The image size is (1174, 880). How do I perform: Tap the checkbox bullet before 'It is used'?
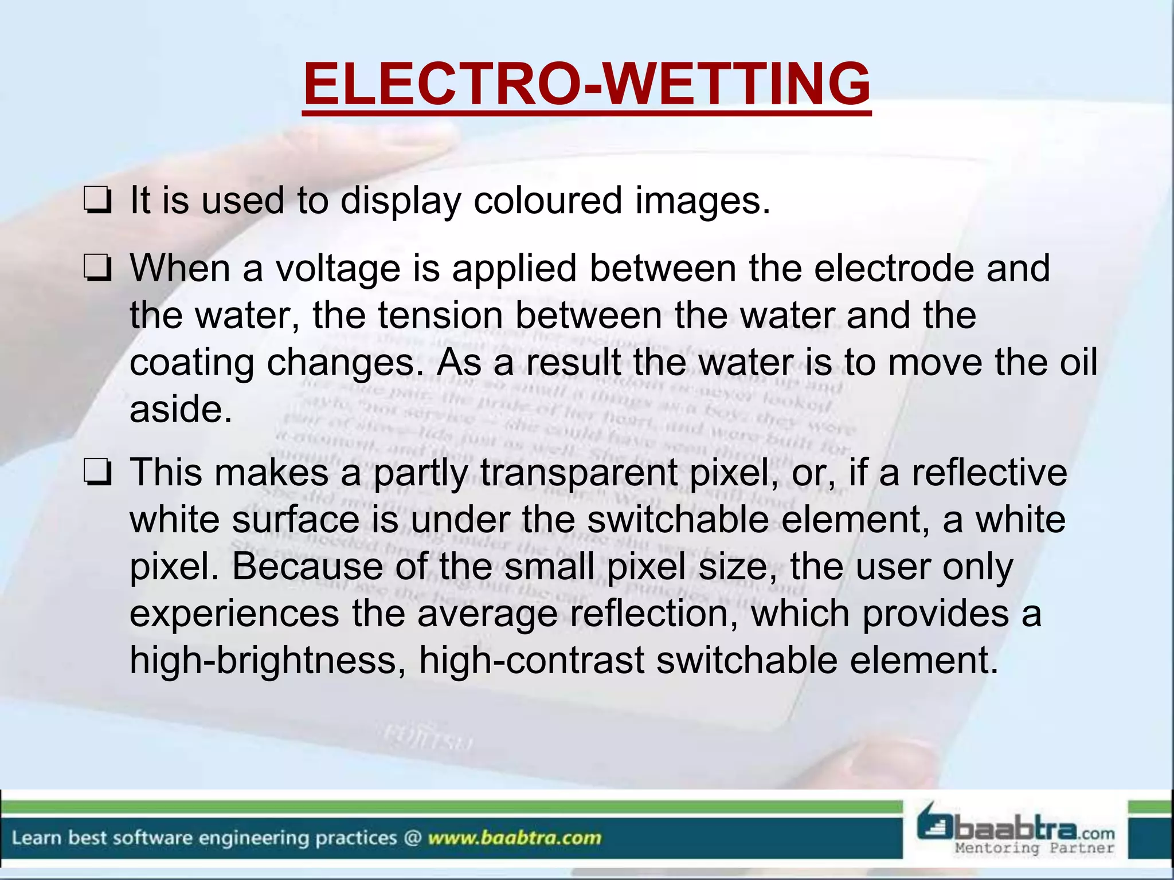point(97,202)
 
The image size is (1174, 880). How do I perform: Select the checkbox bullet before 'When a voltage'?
point(97,269)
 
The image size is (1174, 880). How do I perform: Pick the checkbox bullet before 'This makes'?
point(97,474)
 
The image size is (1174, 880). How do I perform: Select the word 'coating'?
point(191,363)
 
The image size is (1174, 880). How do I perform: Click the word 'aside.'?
point(181,409)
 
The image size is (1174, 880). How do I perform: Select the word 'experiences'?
point(234,614)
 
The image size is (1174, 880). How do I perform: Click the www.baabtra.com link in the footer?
point(514,838)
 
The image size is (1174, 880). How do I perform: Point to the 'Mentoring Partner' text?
point(1035,848)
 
